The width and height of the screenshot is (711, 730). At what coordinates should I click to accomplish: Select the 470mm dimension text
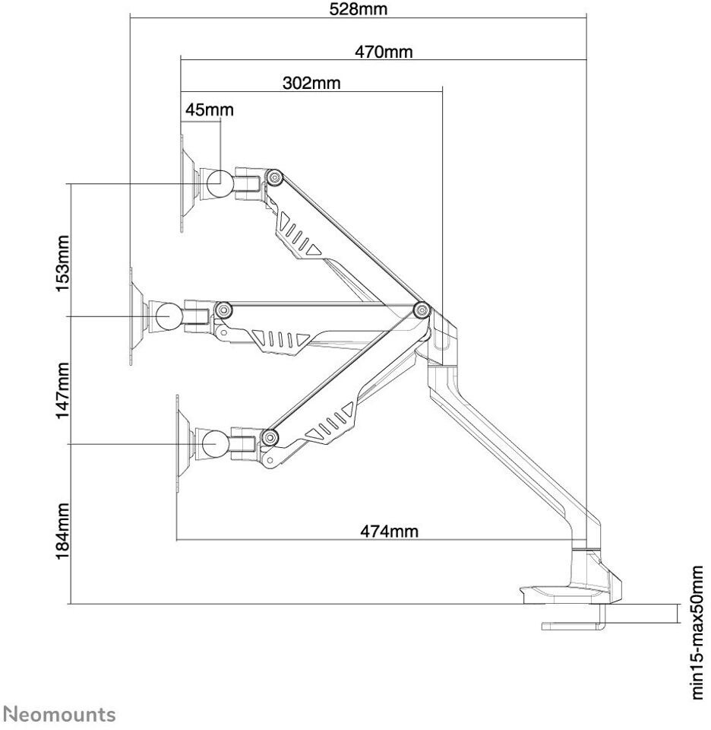(x=384, y=52)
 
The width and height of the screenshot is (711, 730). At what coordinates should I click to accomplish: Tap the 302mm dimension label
(x=311, y=83)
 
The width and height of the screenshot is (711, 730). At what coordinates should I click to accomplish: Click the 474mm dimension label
(x=388, y=530)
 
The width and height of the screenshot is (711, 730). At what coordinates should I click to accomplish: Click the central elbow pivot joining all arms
(x=422, y=309)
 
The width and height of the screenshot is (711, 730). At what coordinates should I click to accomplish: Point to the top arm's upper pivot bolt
(x=273, y=178)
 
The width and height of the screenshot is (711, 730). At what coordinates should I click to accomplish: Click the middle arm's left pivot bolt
(x=223, y=309)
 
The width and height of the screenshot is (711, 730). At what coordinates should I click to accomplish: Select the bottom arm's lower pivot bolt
(x=267, y=436)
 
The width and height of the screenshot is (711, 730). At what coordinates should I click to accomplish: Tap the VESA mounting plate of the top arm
(x=185, y=182)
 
